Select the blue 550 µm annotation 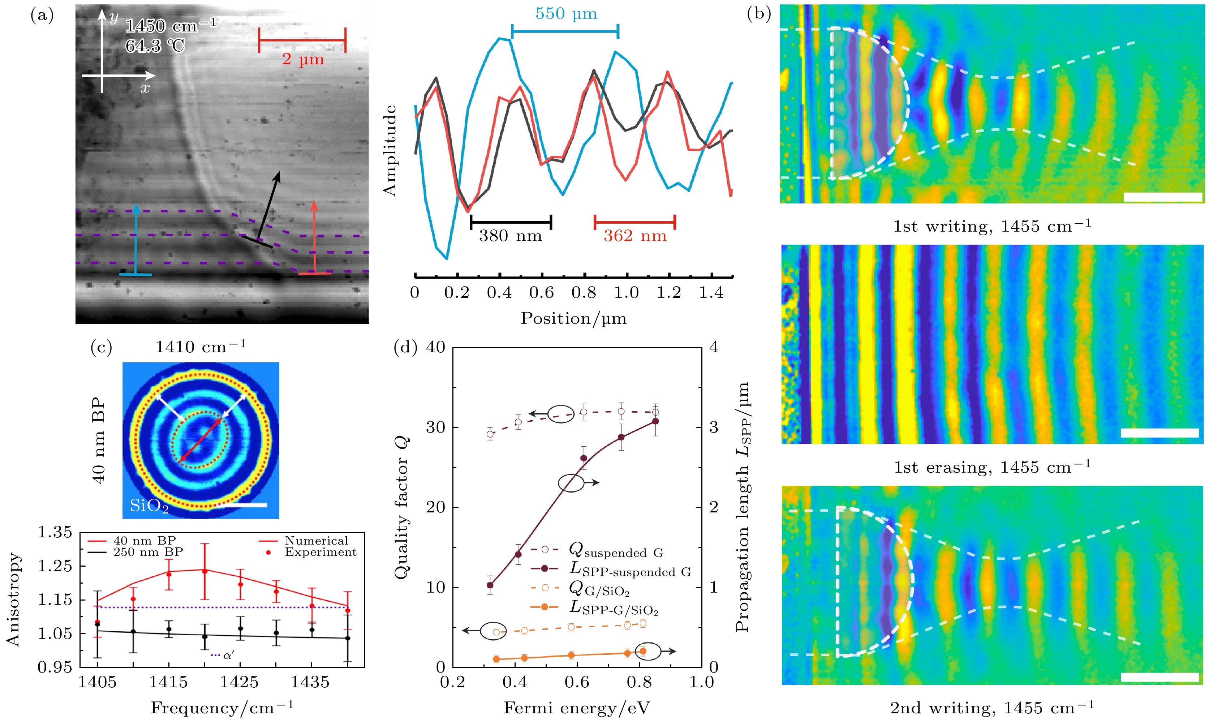point(566,14)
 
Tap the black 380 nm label point(510,236)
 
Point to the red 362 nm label point(634,236)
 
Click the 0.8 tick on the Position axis point(584,293)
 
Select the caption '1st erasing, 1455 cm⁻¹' point(992,468)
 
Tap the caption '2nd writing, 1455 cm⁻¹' point(992,708)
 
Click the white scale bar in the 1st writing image point(1163,197)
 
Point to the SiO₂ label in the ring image point(149,507)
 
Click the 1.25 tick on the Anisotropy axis point(55,566)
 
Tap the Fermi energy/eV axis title point(576,708)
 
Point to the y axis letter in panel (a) point(114,17)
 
